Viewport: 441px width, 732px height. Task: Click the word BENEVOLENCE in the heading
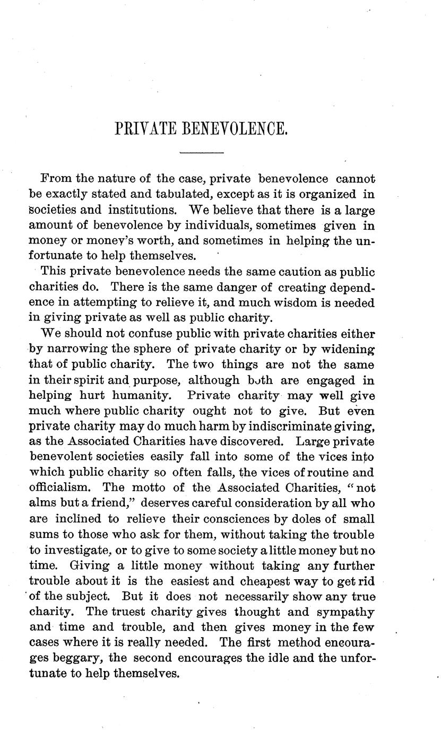[x=234, y=129]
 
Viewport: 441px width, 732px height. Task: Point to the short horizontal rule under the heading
[x=202, y=154]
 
